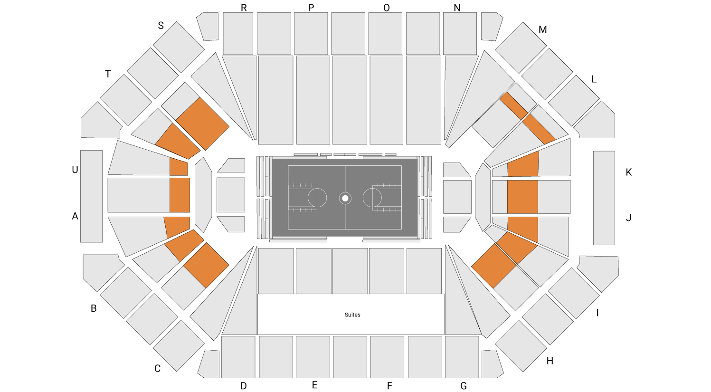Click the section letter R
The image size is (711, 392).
point(244,8)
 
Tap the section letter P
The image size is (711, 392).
point(311,8)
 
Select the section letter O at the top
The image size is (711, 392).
point(386,8)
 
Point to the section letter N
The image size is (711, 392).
point(457,8)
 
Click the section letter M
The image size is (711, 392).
point(542,29)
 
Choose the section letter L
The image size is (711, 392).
point(594,79)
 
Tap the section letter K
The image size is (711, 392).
point(628,172)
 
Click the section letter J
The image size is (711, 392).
point(628,218)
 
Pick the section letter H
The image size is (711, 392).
point(550,361)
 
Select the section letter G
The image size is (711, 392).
point(464,386)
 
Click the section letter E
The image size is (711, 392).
point(314,385)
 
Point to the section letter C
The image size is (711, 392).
point(157,369)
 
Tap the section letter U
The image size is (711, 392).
point(75,170)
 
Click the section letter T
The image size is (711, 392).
point(108,74)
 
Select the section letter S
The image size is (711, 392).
point(161,25)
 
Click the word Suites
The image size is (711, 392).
point(352,315)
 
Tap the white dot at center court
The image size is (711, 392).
point(345,198)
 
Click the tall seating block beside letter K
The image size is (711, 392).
point(604,198)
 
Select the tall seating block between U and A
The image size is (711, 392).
point(91,196)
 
